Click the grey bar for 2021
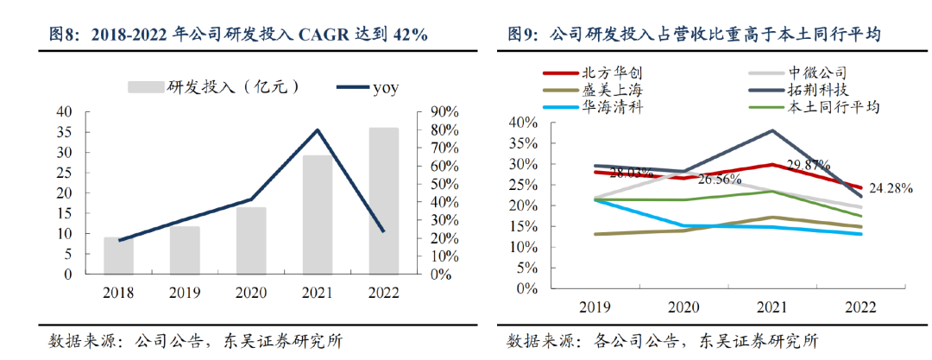[318, 214]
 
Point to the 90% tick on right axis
[445, 111]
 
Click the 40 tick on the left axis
[64, 111]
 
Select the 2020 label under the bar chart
[251, 294]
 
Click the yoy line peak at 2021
[318, 130]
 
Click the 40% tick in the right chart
[525, 123]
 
